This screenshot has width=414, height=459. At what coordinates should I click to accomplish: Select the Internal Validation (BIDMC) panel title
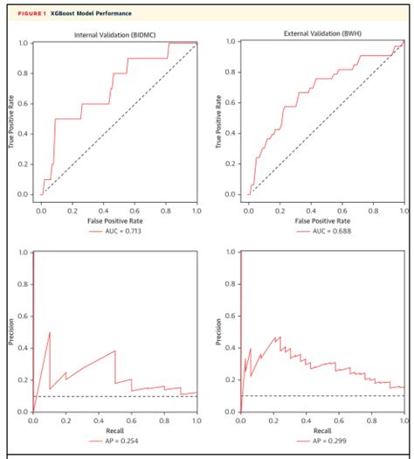point(118,34)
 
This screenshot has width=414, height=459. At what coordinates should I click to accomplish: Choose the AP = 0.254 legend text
point(124,442)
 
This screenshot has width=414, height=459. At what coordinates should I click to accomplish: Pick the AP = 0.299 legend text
point(330,442)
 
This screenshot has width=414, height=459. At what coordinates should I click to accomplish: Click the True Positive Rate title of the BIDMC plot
point(12,118)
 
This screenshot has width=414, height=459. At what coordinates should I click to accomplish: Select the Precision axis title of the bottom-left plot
point(12,331)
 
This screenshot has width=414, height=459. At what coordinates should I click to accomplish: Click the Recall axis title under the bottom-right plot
point(323,431)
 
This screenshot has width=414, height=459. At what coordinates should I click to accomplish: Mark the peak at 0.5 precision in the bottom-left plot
point(50,332)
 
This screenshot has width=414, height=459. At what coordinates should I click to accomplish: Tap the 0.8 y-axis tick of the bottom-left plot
point(23,284)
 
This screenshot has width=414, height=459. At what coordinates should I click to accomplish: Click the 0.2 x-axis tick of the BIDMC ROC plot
point(72,211)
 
